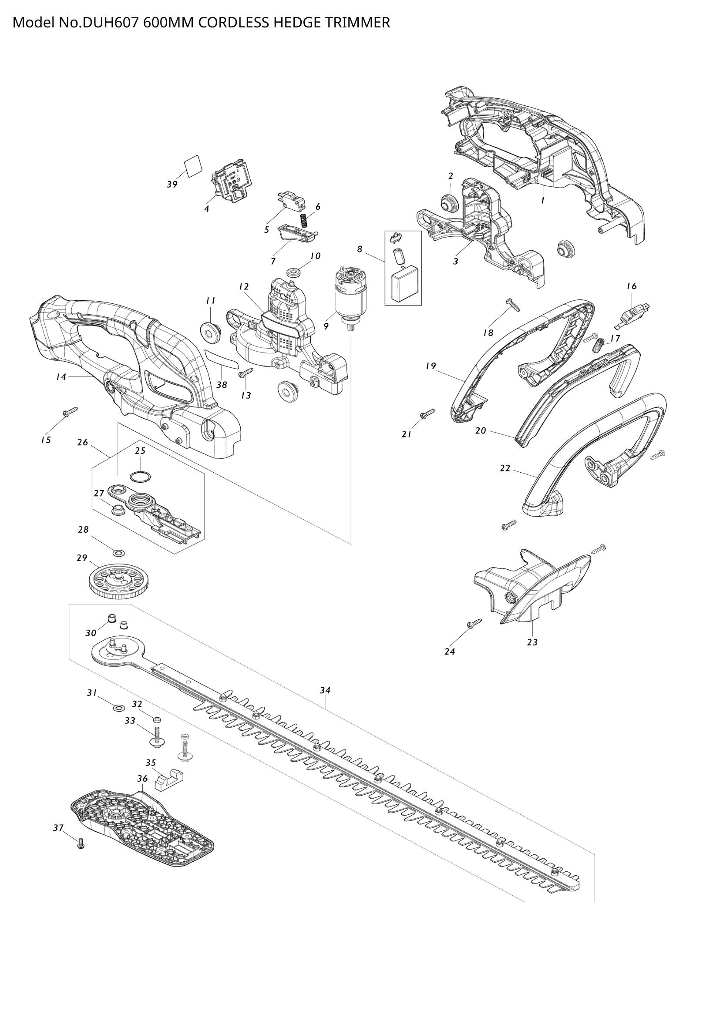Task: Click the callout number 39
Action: (x=172, y=185)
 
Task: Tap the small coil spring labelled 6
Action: (x=304, y=220)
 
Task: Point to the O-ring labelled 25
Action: (x=140, y=477)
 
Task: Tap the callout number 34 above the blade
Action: (x=325, y=690)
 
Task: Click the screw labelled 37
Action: (x=81, y=843)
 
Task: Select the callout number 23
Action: (x=532, y=642)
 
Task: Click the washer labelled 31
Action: (x=118, y=707)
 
